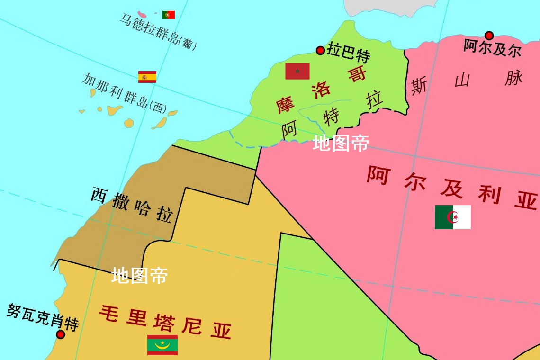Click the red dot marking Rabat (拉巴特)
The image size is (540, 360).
pos(320,50)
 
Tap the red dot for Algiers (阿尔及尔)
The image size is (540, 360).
pos(489,36)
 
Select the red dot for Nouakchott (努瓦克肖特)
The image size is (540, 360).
pos(60,334)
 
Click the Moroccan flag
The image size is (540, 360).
pos(297,71)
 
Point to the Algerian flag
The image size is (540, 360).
pos(452,217)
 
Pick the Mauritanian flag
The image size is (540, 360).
pos(162,345)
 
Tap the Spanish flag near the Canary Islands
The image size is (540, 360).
pos(147,77)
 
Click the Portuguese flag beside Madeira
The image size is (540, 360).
pos(168,15)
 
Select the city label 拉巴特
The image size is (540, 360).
pos(348,53)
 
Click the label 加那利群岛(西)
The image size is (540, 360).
pos(124,92)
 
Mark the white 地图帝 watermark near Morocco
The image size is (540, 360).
pos(341,143)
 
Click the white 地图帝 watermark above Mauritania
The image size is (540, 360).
pos(140,275)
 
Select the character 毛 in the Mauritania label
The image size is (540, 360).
pos(108,314)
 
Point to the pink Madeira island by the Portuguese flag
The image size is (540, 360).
pos(142,15)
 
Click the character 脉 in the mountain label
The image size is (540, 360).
pos(513,78)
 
